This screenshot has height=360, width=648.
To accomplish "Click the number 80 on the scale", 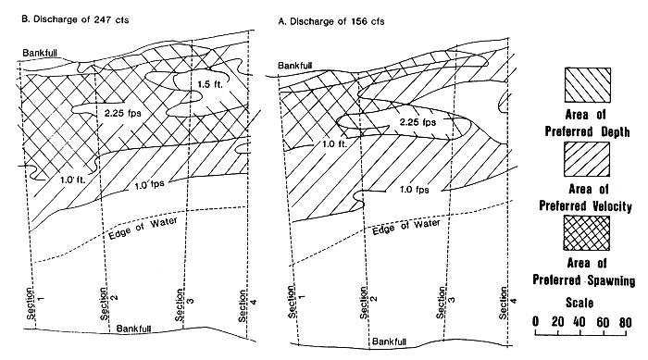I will [x=628, y=322].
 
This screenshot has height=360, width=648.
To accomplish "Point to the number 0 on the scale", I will [x=537, y=322].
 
